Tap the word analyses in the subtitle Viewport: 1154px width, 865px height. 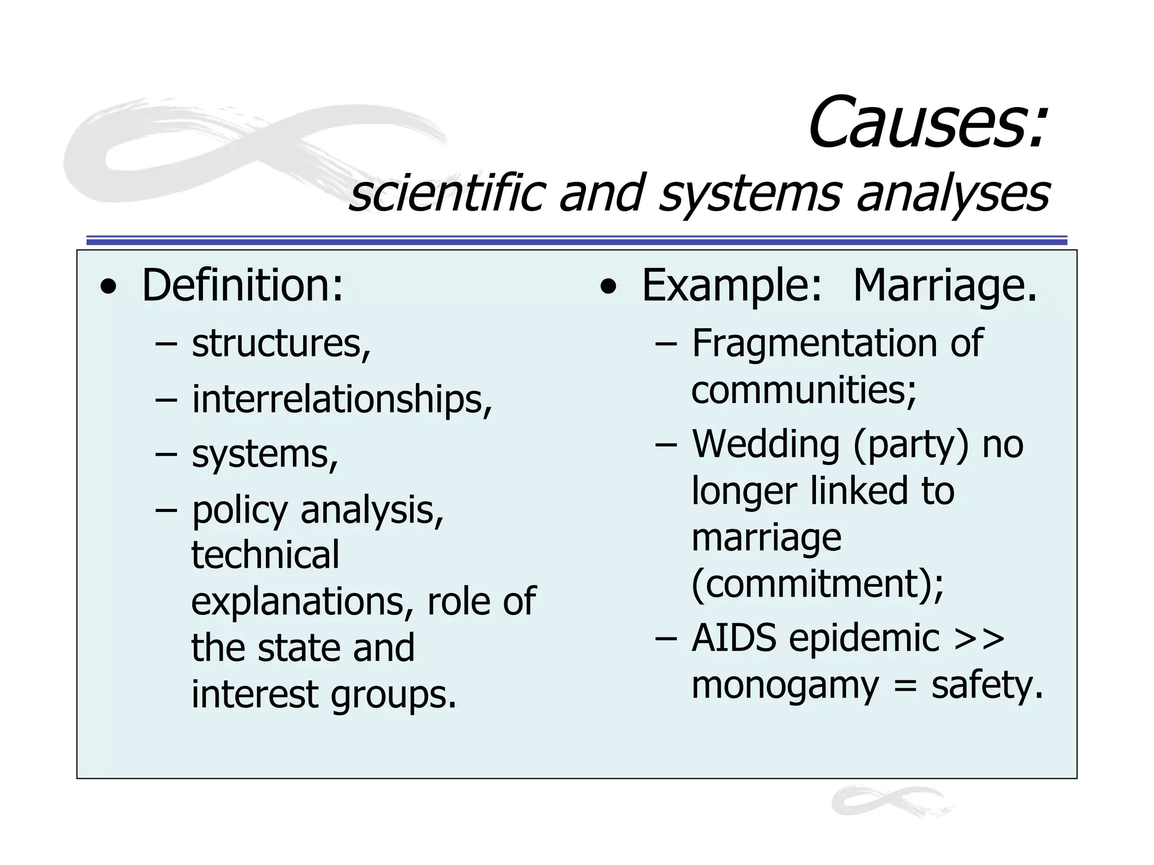click(953, 194)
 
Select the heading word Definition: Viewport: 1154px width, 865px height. click(242, 286)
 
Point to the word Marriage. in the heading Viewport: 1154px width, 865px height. click(944, 286)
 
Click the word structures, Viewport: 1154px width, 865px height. click(281, 344)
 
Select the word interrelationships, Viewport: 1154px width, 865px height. click(342, 400)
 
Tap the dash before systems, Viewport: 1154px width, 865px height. click(166, 454)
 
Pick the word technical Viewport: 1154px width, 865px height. click(265, 555)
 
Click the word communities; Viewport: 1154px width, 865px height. click(804, 390)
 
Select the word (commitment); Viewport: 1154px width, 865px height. click(818, 583)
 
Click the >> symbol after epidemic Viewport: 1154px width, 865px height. click(979, 639)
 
